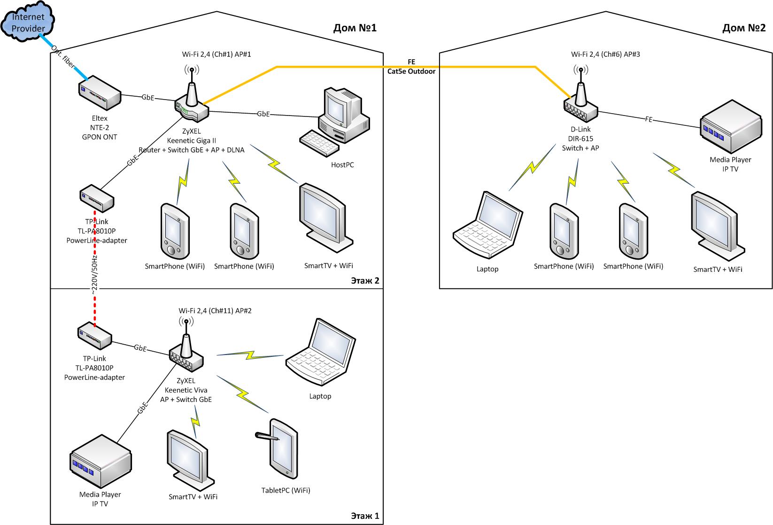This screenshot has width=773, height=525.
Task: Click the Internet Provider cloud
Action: [28, 23]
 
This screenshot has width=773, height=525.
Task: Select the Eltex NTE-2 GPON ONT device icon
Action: [100, 92]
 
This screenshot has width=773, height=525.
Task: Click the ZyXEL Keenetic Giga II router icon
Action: [192, 104]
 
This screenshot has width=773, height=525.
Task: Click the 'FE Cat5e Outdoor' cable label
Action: [411, 67]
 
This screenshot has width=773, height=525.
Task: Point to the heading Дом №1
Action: [355, 28]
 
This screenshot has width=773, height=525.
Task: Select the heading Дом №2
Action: [743, 28]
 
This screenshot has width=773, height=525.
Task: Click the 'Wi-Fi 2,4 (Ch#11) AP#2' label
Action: [215, 311]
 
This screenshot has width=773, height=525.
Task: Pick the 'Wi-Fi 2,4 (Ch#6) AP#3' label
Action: [605, 54]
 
